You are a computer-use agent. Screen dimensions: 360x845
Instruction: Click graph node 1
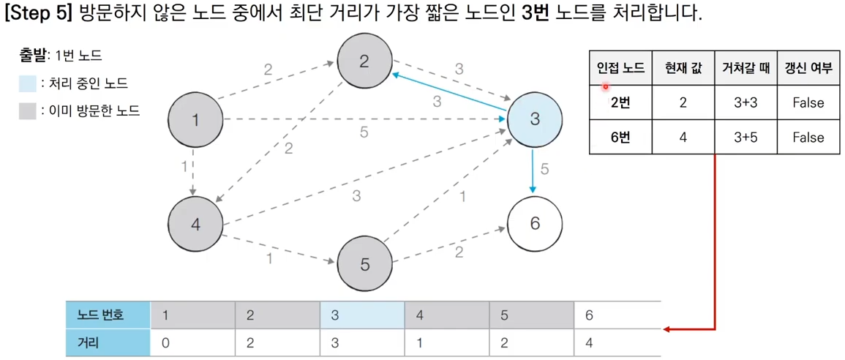click(x=195, y=119)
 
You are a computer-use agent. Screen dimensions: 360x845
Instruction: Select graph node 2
click(x=364, y=61)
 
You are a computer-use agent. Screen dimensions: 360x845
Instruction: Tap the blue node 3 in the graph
click(x=535, y=119)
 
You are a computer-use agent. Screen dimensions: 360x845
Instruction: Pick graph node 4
click(x=195, y=224)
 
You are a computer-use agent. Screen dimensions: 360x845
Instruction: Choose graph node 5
click(x=365, y=263)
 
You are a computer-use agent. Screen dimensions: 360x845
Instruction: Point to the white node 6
click(x=535, y=224)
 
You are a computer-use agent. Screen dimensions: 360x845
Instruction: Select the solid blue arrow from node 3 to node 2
click(x=450, y=91)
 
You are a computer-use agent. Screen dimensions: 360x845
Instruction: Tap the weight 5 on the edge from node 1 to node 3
click(x=364, y=132)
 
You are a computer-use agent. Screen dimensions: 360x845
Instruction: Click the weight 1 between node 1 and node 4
click(x=184, y=167)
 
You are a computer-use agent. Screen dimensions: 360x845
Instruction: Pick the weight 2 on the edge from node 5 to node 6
click(x=459, y=252)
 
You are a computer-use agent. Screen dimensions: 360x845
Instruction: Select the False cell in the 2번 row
click(x=808, y=103)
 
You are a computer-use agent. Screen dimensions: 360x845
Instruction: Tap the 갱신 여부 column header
click(x=808, y=69)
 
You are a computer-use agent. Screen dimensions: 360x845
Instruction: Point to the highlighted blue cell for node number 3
click(x=361, y=315)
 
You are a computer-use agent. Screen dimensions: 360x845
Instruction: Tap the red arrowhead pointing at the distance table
click(x=667, y=329)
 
